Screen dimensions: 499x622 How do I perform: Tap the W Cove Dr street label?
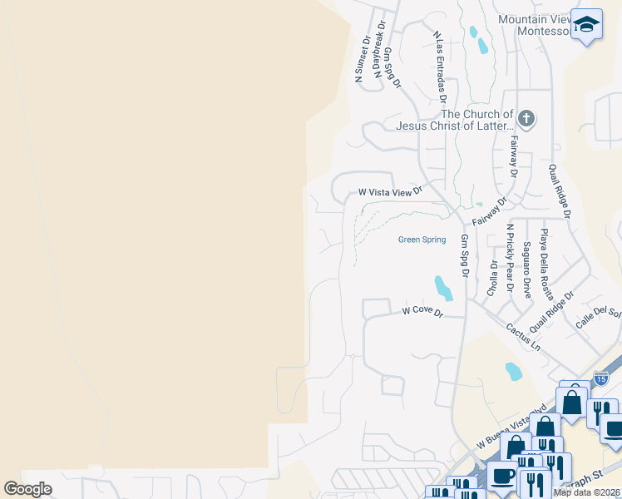[423, 311]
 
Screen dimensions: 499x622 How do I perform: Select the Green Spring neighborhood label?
[422, 240]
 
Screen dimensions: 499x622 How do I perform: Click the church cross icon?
[526, 118]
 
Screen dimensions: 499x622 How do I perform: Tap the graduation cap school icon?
[586, 24]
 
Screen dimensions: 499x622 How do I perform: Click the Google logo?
[27, 489]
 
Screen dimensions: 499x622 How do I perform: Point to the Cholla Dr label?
[492, 278]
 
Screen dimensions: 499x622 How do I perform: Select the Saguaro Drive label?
[526, 269]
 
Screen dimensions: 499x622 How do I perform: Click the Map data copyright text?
[587, 492]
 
